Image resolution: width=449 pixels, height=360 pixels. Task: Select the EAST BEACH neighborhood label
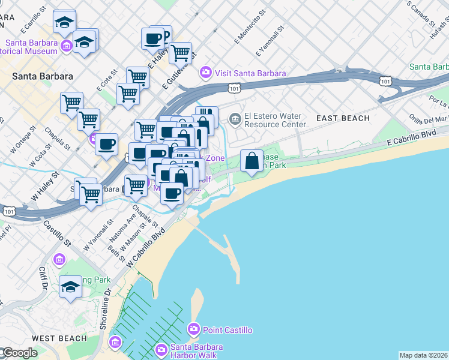point(343,118)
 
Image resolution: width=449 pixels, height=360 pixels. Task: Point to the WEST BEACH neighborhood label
point(59,338)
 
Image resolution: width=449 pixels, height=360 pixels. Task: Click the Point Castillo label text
point(228,330)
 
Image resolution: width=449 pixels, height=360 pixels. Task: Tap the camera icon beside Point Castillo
point(193,329)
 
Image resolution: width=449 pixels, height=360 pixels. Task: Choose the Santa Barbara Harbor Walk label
point(196,350)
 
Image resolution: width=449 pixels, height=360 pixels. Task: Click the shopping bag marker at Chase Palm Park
point(252,161)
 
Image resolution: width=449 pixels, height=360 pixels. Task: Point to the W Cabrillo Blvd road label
point(146,247)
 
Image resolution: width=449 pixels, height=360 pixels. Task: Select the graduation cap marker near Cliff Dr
point(70,286)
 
